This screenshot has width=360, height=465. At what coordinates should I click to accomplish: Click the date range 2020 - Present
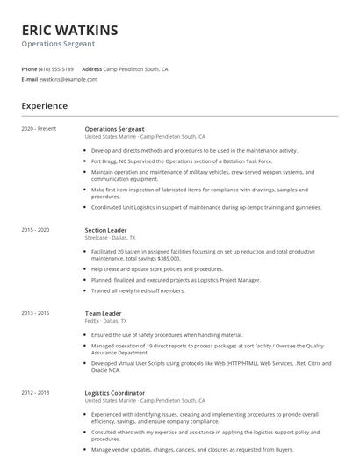pos(40,129)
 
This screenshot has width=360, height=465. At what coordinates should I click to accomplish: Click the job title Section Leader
pos(105,230)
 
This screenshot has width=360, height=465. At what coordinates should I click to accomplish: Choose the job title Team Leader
pos(103,312)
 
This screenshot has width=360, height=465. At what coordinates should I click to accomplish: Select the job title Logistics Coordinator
pos(115,392)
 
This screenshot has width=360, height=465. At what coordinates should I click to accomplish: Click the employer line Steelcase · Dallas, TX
pos(110,238)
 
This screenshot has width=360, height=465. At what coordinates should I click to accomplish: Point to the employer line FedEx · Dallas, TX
pos(104,320)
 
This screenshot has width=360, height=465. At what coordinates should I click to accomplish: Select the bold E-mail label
pos(30,79)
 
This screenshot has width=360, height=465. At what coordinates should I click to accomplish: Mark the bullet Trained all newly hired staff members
pos(138,290)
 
